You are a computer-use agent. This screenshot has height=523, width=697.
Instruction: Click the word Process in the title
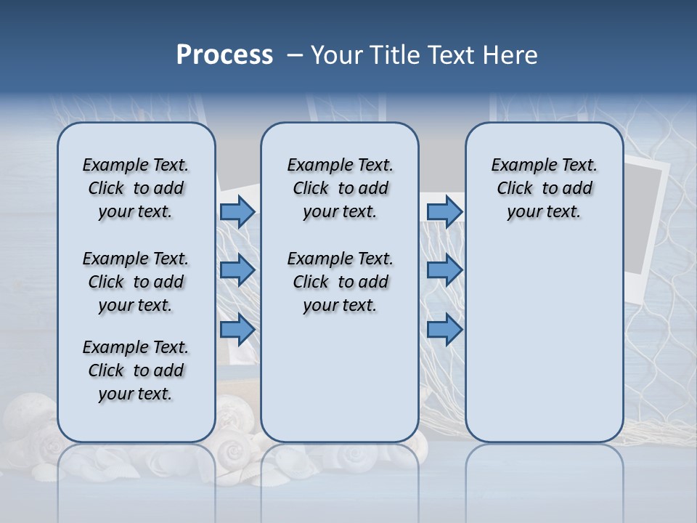click(224, 55)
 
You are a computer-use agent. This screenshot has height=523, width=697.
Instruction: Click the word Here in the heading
click(508, 55)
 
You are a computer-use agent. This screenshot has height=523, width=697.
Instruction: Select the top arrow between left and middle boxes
click(237, 212)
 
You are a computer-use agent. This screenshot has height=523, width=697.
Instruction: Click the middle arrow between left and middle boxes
click(237, 270)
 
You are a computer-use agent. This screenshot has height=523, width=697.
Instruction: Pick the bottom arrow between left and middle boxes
click(237, 330)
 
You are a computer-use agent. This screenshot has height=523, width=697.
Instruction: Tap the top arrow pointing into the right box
click(444, 212)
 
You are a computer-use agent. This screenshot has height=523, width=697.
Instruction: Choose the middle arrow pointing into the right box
click(444, 270)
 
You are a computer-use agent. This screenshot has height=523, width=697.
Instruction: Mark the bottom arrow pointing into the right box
click(444, 330)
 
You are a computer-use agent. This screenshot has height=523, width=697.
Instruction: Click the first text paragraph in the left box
click(136, 188)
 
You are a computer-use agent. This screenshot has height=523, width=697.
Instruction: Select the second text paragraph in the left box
click(136, 282)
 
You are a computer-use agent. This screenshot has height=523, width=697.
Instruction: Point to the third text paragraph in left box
click(136, 370)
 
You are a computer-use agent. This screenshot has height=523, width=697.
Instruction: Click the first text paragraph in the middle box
click(340, 188)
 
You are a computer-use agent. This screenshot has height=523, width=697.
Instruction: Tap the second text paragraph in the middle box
click(340, 282)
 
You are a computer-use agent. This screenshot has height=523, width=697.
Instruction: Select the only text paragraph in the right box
click(544, 188)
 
